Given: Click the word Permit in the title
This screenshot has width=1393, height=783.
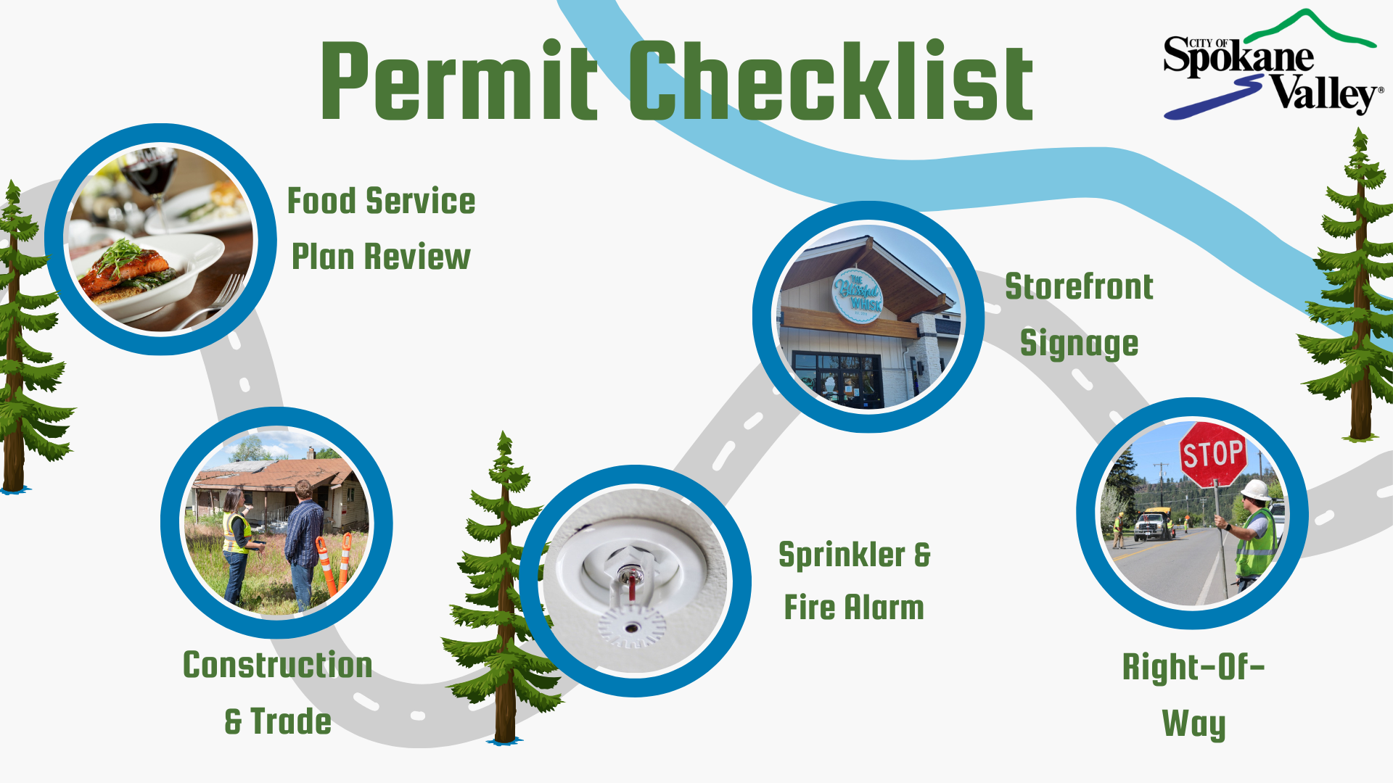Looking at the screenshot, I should (459, 81).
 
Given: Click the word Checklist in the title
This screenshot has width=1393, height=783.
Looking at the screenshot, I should (830, 81).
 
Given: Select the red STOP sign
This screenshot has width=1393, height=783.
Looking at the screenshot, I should (1212, 455).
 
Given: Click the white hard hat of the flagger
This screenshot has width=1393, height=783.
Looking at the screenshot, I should (1256, 490).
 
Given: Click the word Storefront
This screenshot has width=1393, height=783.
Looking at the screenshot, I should (1079, 287).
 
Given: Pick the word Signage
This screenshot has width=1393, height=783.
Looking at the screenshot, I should (1079, 344).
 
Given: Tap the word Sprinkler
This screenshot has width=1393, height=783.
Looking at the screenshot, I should (842, 555).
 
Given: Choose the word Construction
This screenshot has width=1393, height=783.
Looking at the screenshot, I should (278, 666).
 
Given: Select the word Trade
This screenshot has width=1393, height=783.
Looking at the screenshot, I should (291, 722).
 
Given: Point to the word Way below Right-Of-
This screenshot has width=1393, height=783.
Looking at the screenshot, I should (1193, 724).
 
